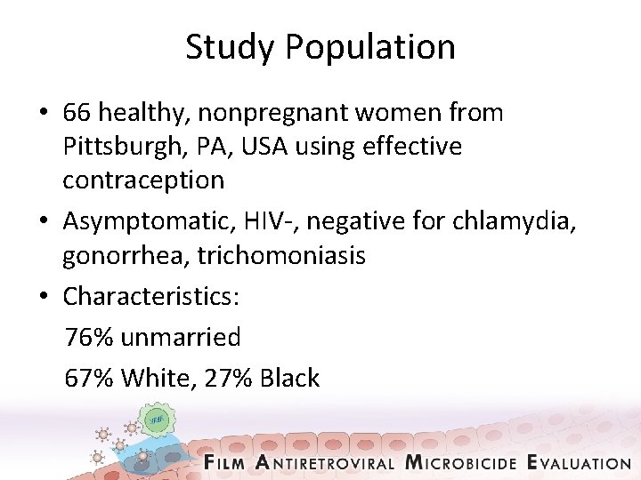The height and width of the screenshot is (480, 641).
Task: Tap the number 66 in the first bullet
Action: click(x=77, y=113)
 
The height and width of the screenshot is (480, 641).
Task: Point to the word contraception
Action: click(x=142, y=180)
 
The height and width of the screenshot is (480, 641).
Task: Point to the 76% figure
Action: click(x=89, y=337)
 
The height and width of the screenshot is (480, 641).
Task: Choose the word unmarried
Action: click(x=181, y=337)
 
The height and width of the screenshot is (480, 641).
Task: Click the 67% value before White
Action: click(x=89, y=378)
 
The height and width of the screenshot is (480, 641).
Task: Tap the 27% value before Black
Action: click(x=228, y=378)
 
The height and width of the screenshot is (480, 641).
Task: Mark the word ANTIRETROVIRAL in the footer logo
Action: click(x=325, y=462)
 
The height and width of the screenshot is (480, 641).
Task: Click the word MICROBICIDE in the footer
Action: click(x=460, y=462)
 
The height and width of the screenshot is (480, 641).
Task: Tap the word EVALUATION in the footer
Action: click(x=579, y=462)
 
